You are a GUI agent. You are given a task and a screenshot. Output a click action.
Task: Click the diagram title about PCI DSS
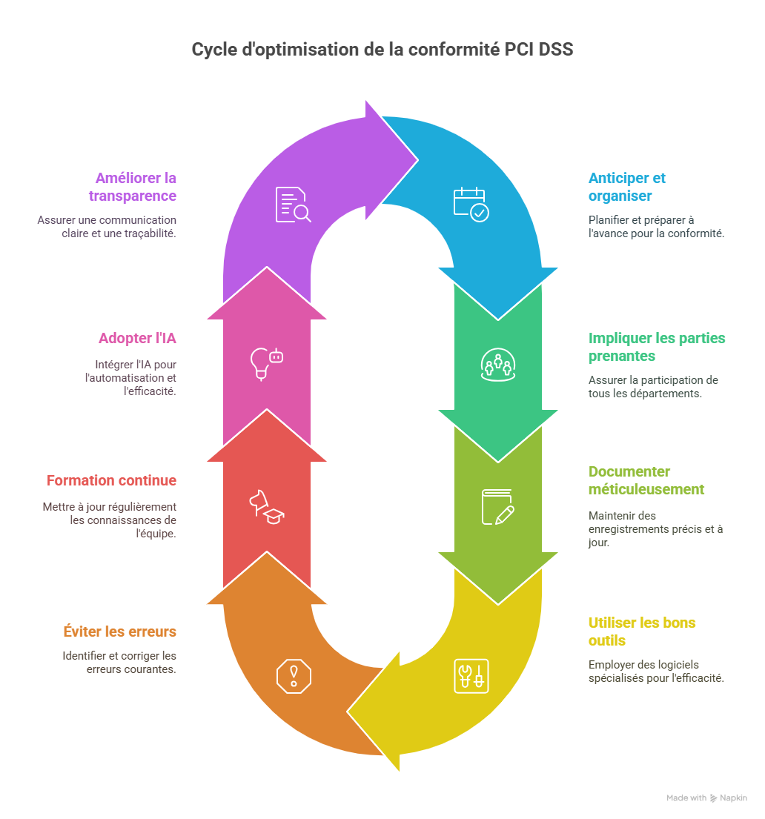coord(382,50)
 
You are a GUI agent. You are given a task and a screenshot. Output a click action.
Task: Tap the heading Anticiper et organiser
coord(626,187)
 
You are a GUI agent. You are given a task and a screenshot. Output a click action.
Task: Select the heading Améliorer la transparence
coord(132,187)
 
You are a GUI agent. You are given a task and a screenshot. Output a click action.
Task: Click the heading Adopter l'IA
coord(137,339)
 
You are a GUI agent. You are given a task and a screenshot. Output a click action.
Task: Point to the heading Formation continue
coord(111,480)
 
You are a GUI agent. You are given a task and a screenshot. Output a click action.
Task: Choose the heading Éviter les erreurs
coord(119,631)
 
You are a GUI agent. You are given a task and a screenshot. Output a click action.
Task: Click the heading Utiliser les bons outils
coord(642,631)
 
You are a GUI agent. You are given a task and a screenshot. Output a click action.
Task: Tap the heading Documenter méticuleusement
coord(646,480)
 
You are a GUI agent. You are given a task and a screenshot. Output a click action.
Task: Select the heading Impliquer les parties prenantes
coord(656,347)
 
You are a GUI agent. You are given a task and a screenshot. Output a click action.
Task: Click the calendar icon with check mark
coord(471,205)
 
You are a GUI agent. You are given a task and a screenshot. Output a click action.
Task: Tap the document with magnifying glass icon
coord(293,205)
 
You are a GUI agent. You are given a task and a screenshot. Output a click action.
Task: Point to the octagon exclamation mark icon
coord(294,677)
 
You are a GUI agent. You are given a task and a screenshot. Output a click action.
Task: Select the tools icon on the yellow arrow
coord(471,677)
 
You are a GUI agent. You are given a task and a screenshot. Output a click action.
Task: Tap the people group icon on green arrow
coord(498,365)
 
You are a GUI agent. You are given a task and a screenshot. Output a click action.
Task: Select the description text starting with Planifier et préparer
coord(656,227)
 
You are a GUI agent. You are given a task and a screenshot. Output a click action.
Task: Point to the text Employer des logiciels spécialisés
coord(656,672)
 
